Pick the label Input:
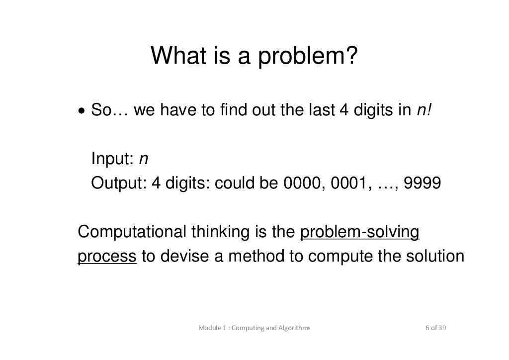112,160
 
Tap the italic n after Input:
143,160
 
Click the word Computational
130,233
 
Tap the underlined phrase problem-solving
360,233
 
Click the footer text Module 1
213,328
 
